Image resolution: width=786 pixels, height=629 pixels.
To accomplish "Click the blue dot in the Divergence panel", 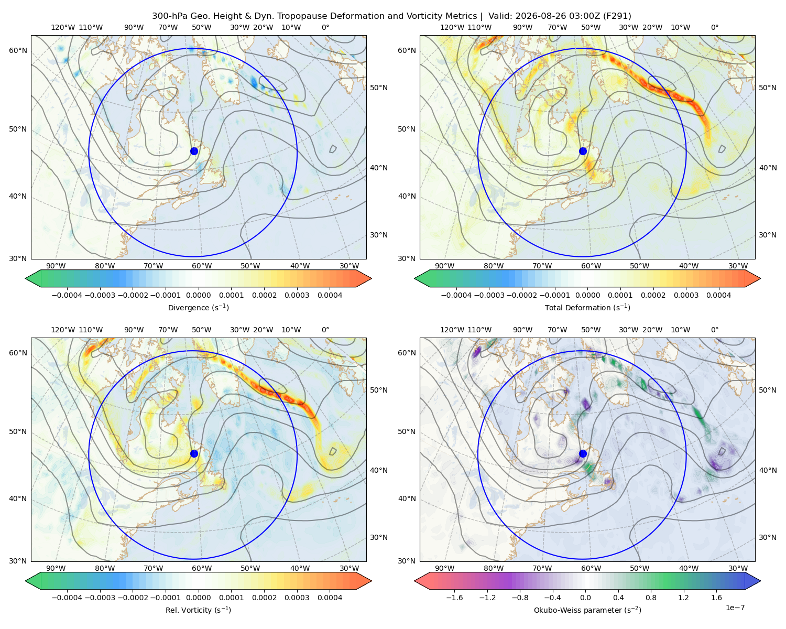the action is pos(194,151).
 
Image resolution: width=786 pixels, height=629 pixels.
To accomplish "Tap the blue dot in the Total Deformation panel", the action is pos(583,151).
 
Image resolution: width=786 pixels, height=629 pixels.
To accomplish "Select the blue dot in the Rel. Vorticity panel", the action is pos(194,453).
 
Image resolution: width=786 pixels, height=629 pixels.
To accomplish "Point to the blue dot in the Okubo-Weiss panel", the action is pos(583,453).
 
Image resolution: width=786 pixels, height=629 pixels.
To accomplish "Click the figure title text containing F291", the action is pos(391,16).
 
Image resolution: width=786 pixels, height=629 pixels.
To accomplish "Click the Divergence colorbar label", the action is pos(198,308).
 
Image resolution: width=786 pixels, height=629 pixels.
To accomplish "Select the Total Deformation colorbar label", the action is pos(587,308).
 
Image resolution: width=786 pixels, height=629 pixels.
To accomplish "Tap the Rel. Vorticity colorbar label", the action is pos(198,610).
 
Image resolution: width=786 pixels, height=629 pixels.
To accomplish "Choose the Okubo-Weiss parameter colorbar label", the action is pos(587,610).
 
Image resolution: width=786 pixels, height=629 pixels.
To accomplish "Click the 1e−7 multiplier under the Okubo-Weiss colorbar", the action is pos(735,608).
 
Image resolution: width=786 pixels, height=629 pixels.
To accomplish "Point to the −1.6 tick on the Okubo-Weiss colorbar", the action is pos(454,598).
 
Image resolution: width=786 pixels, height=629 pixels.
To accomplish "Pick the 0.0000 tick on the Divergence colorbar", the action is pos(198,295).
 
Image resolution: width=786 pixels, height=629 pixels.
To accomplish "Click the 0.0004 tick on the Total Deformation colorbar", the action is pos(719,295).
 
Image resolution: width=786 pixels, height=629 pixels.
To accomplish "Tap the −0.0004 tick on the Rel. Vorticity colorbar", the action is pos(67,598).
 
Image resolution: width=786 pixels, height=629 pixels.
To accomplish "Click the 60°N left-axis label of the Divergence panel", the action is pos(18,50).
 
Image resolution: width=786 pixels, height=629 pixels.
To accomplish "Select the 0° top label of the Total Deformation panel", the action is pos(714,27).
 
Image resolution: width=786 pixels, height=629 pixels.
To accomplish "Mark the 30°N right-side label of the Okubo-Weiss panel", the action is pos(768,537).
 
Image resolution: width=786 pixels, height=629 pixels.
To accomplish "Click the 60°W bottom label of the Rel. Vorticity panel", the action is pos(202,568).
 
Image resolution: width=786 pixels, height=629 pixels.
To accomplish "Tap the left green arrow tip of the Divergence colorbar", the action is pos(26,278).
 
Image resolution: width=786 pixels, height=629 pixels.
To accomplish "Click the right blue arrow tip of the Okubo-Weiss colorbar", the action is pos(760,581).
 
